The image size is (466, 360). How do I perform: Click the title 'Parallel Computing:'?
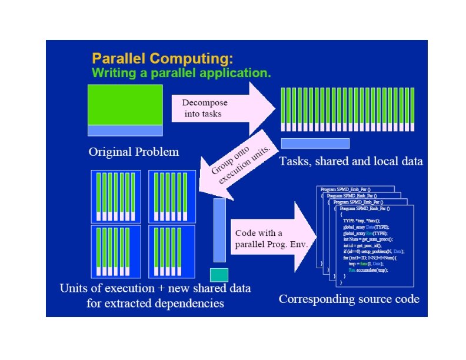click(x=162, y=59)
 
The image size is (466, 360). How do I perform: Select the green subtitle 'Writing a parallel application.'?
click(x=181, y=74)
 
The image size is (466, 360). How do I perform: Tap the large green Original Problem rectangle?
click(x=125, y=105)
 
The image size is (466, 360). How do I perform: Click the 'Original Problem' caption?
click(x=134, y=152)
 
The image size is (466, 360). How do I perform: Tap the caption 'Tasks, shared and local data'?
click(x=351, y=161)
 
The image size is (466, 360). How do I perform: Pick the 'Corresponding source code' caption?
click(x=349, y=299)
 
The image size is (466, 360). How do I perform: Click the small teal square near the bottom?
click(x=219, y=275)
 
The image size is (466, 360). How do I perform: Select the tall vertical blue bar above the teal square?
click(x=219, y=229)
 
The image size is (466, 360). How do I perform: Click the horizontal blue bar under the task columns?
click(x=315, y=143)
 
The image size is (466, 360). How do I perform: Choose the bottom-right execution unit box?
click(x=172, y=252)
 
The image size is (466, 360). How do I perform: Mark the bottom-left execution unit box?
click(x=116, y=252)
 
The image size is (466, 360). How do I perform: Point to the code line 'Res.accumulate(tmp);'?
click(x=368, y=270)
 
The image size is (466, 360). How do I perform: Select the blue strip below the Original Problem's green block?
click(x=125, y=130)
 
